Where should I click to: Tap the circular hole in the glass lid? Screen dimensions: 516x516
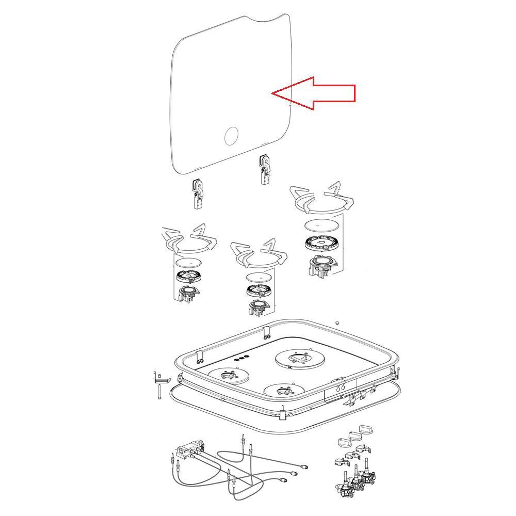click(x=232, y=136)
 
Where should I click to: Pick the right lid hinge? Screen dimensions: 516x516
click(x=265, y=169)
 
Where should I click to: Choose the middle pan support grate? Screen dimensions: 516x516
click(x=259, y=254)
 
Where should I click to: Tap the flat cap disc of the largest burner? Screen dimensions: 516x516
click(x=322, y=225)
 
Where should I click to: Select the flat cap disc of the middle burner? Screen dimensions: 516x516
click(x=259, y=277)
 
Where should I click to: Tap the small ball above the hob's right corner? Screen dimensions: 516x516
click(x=337, y=323)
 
